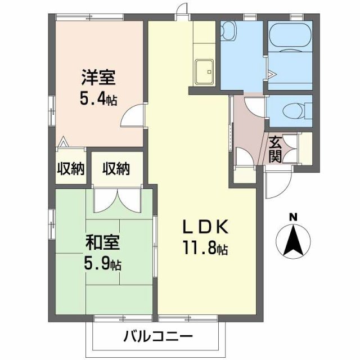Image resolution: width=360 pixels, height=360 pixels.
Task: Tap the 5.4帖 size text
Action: tap(98, 101)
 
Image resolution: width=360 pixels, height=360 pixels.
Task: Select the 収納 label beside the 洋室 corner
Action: tap(70, 168)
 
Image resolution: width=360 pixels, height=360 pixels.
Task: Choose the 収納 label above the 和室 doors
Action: tap(116, 168)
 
